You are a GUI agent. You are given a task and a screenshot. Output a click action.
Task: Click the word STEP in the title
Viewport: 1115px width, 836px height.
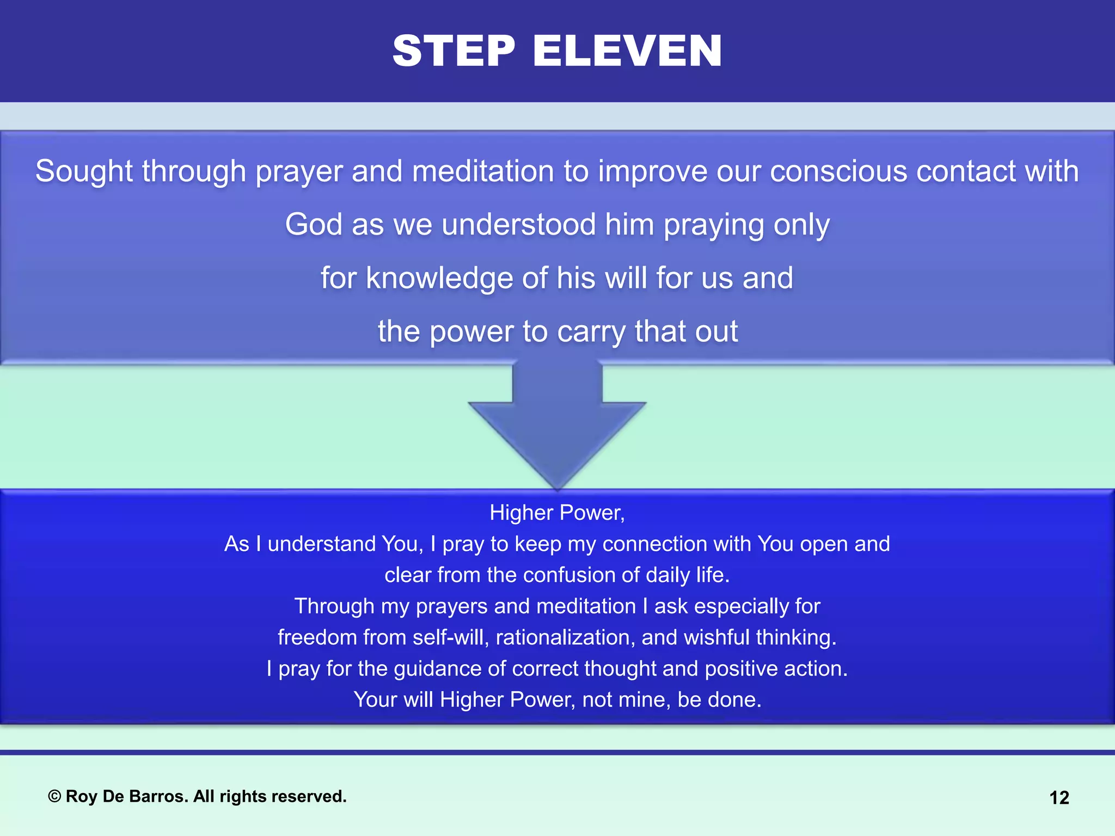(x=454, y=51)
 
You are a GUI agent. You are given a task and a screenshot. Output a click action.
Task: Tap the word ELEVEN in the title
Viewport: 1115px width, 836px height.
(x=627, y=51)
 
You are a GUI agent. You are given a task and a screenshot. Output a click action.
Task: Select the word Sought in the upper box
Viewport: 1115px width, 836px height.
(x=84, y=171)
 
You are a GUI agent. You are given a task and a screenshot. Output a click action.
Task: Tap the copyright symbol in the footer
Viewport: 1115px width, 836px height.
(x=54, y=797)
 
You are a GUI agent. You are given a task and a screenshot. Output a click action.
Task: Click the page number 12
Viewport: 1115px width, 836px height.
(x=1059, y=798)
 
